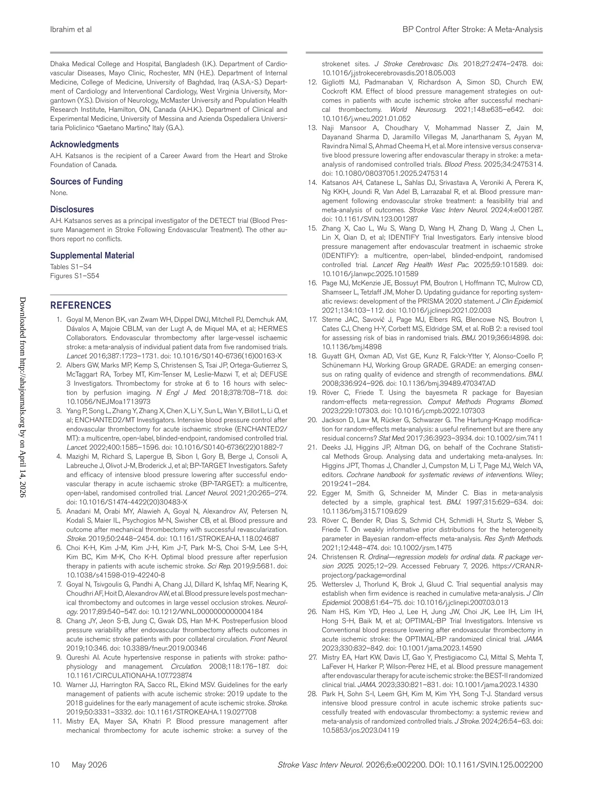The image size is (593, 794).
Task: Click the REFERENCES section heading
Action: pyautogui.click(x=80, y=305)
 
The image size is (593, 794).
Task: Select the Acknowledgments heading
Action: pyautogui.click(x=84, y=144)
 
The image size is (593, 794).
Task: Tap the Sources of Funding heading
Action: pyautogui.click(x=86, y=182)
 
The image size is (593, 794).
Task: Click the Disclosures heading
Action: pyautogui.click(x=72, y=209)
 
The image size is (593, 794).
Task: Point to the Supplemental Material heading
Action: pyautogui.click(x=92, y=255)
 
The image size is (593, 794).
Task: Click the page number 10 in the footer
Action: pyautogui.click(x=55, y=765)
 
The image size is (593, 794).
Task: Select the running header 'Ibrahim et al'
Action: pyautogui.click(x=71, y=29)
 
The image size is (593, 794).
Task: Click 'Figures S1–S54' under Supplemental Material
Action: pyautogui.click(x=75, y=276)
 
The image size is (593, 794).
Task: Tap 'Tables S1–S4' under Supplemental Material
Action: pyautogui.click(x=71, y=267)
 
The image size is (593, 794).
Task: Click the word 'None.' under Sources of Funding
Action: pyautogui.click(x=59, y=193)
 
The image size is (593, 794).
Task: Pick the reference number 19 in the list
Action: pyautogui.click(x=312, y=392)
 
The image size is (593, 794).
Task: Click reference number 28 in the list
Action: pyautogui.click(x=312, y=694)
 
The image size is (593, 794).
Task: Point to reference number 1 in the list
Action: pyautogui.click(x=59, y=319)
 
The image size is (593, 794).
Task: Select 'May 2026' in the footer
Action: pyautogui.click(x=89, y=765)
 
